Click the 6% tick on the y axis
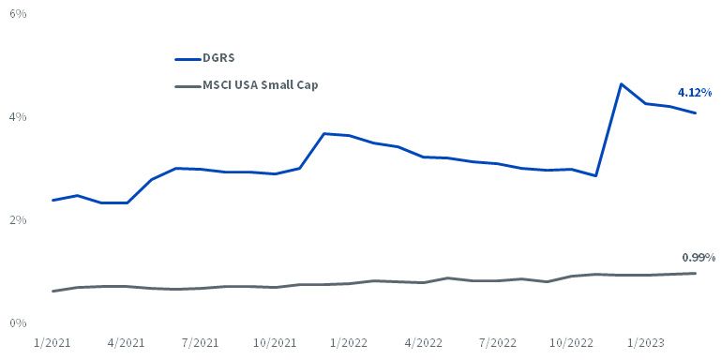(18, 14)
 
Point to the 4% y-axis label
(18, 117)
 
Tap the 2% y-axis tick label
(18, 220)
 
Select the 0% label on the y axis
(18, 323)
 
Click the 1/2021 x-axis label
(53, 343)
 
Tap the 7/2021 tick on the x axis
(202, 343)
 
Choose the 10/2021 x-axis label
(275, 343)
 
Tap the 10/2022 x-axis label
(573, 343)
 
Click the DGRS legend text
(218, 58)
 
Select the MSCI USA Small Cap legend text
(261, 85)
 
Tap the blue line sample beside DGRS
(188, 59)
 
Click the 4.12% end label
(695, 93)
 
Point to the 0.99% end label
(698, 258)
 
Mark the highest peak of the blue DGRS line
(622, 84)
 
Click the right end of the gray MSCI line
(696, 273)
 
